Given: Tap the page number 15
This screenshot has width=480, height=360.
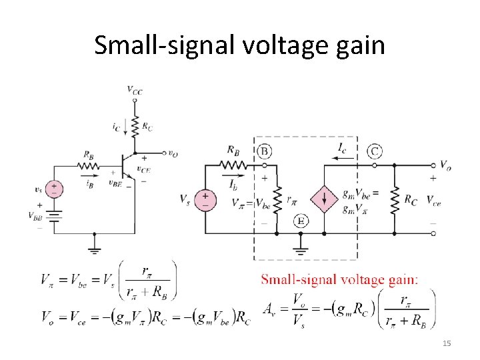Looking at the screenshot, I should point(447,343).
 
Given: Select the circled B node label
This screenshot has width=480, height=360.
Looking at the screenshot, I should point(265,151).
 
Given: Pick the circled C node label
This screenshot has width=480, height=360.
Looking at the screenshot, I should point(375,151).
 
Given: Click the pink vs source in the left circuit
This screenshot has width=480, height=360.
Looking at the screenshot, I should point(55,189).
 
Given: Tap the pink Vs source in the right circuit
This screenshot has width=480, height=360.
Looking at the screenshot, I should point(205,198).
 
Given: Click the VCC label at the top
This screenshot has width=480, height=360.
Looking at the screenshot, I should point(135,89).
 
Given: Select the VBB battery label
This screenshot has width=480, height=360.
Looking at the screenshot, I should point(35,215).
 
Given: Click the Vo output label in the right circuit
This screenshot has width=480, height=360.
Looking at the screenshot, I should point(445,165).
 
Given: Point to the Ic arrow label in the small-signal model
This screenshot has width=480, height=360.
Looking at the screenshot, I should point(341,145).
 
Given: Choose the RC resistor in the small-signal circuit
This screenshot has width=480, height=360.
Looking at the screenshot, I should point(394,199).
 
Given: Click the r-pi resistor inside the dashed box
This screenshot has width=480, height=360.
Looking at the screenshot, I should point(277,198).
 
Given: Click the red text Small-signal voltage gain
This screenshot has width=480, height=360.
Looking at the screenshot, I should point(339,279).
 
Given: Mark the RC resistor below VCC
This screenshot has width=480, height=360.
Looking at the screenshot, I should point(135,125).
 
